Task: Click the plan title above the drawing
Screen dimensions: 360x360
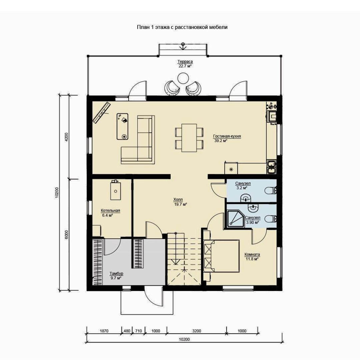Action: (182, 27)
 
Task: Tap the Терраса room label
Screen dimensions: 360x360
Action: (185, 62)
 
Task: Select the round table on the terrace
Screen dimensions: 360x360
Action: (183, 78)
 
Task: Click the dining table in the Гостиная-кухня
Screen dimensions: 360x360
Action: (189, 138)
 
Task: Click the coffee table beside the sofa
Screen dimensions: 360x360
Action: (122, 126)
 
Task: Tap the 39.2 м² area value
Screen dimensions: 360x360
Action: (221, 141)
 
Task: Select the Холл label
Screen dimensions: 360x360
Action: (178, 200)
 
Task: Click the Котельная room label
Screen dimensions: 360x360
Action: (110, 211)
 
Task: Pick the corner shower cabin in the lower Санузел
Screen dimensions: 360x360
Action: (235, 218)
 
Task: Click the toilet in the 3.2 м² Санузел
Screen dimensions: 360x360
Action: (270, 191)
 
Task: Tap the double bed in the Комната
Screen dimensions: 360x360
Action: (221, 256)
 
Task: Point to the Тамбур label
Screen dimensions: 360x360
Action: (116, 273)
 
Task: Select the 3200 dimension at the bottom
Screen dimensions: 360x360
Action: (197, 331)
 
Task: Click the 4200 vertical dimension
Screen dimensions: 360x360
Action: (66, 137)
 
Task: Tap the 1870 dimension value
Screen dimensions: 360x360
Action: (104, 331)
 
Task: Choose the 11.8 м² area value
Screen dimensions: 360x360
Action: (252, 259)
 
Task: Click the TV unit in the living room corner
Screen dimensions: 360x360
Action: (101, 113)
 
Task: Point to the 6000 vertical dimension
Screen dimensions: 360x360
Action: (66, 235)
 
